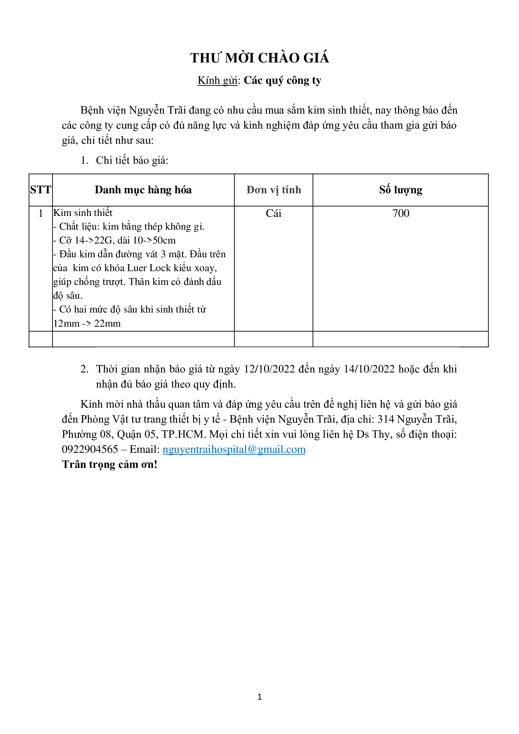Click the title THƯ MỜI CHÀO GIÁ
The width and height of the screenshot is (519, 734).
[x=259, y=58]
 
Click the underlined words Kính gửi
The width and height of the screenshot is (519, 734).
[x=218, y=81]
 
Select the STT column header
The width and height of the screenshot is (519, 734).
[x=41, y=190]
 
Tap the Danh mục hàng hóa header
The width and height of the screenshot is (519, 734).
[x=143, y=190]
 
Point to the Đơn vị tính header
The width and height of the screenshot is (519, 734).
[x=274, y=190]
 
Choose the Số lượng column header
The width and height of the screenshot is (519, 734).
[x=401, y=190]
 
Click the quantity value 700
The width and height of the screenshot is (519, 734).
[x=401, y=213]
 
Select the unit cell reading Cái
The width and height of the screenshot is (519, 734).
[x=273, y=213]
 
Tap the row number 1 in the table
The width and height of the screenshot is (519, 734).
[x=41, y=213]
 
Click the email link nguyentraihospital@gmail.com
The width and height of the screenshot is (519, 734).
[x=234, y=449]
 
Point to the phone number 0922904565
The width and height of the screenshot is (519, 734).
[x=90, y=449]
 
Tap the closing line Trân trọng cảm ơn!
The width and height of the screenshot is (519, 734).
[x=110, y=464]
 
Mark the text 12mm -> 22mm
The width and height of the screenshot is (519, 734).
[x=87, y=324]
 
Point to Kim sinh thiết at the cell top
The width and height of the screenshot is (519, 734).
[x=83, y=213]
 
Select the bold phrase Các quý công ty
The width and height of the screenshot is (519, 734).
[x=282, y=81]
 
